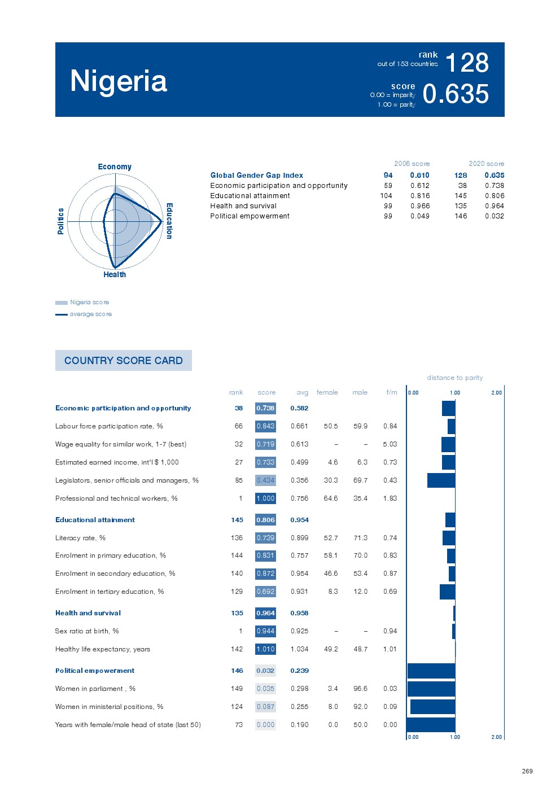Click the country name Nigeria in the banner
(119, 81)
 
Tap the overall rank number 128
(467, 63)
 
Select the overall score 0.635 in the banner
(456, 94)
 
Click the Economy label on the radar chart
(115, 167)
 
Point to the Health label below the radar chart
(115, 274)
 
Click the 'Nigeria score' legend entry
(89, 302)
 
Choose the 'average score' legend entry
(90, 314)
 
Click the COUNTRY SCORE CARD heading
(123, 361)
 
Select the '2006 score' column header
(412, 164)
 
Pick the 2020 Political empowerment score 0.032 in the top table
(495, 216)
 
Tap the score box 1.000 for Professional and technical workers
(265, 498)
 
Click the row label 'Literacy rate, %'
(80, 538)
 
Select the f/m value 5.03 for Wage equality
(390, 444)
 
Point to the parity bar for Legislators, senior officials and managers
(441, 480)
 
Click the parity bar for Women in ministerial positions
(432, 707)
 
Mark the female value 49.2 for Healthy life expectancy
(331, 649)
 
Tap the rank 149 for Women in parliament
(237, 689)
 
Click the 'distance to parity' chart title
(454, 378)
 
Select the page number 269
(527, 771)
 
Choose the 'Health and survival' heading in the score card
(88, 613)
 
